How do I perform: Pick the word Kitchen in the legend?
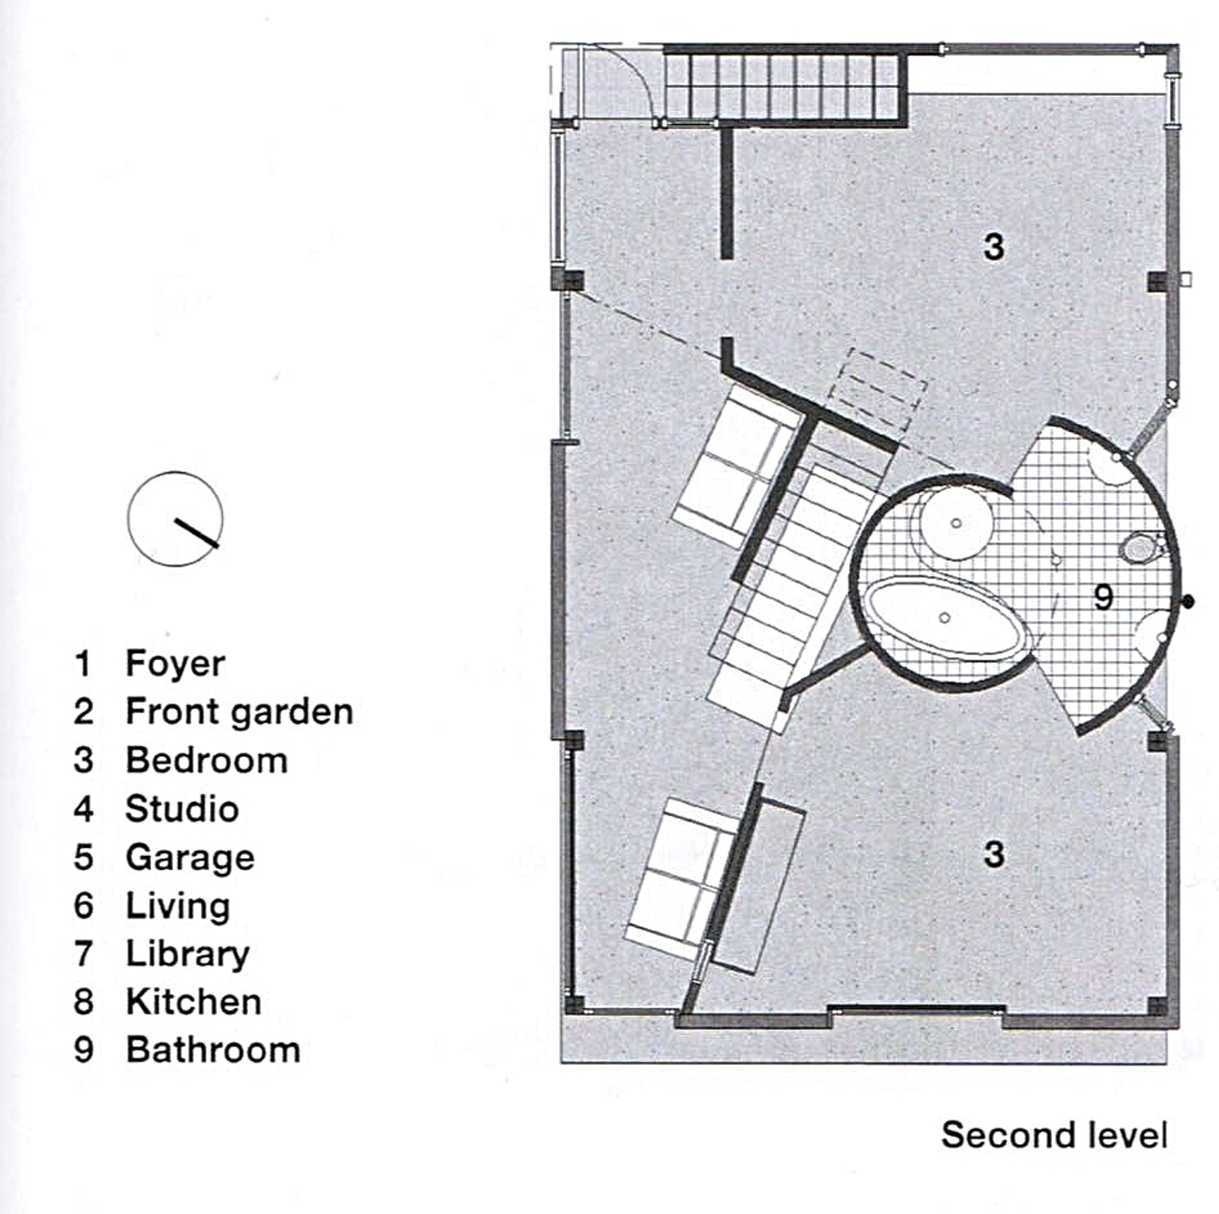(194, 1003)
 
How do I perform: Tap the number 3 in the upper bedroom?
(994, 247)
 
